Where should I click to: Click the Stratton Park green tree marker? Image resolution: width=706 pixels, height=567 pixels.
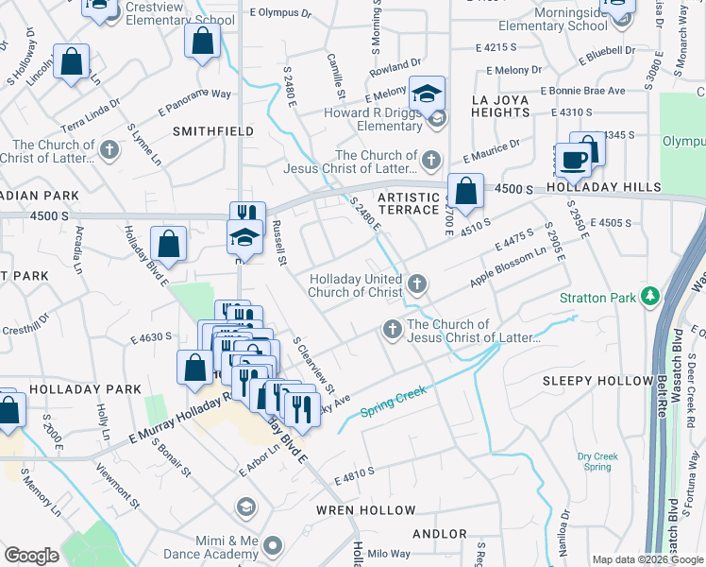tap(649, 297)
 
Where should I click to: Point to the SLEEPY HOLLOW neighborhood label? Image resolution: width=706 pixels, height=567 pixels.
tap(597, 381)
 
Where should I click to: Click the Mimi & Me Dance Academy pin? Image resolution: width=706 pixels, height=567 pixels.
tap(273, 544)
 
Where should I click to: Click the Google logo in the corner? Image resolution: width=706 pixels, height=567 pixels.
tap(30, 556)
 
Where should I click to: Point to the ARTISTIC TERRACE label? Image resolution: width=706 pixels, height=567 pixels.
tap(409, 203)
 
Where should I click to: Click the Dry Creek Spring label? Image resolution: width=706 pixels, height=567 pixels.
tap(598, 462)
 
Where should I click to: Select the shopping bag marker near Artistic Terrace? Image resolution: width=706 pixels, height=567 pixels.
tap(465, 190)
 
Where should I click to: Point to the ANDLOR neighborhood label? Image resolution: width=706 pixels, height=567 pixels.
tap(440, 534)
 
